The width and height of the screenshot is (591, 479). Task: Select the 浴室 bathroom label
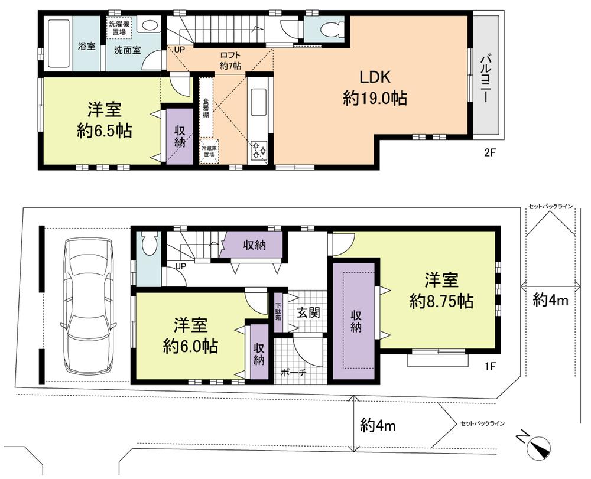click(87, 46)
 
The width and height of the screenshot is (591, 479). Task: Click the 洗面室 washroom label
click(127, 50)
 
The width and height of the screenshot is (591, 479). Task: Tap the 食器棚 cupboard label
click(206, 107)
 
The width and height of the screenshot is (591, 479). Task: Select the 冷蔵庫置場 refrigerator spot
click(208, 151)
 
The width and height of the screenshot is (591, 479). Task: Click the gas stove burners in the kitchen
click(259, 150)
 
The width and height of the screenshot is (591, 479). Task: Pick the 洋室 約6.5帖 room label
click(104, 119)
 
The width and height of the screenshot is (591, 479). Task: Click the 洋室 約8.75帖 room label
click(441, 289)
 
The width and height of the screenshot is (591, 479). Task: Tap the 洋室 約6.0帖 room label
click(190, 335)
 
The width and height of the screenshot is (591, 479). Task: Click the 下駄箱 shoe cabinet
click(278, 311)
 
